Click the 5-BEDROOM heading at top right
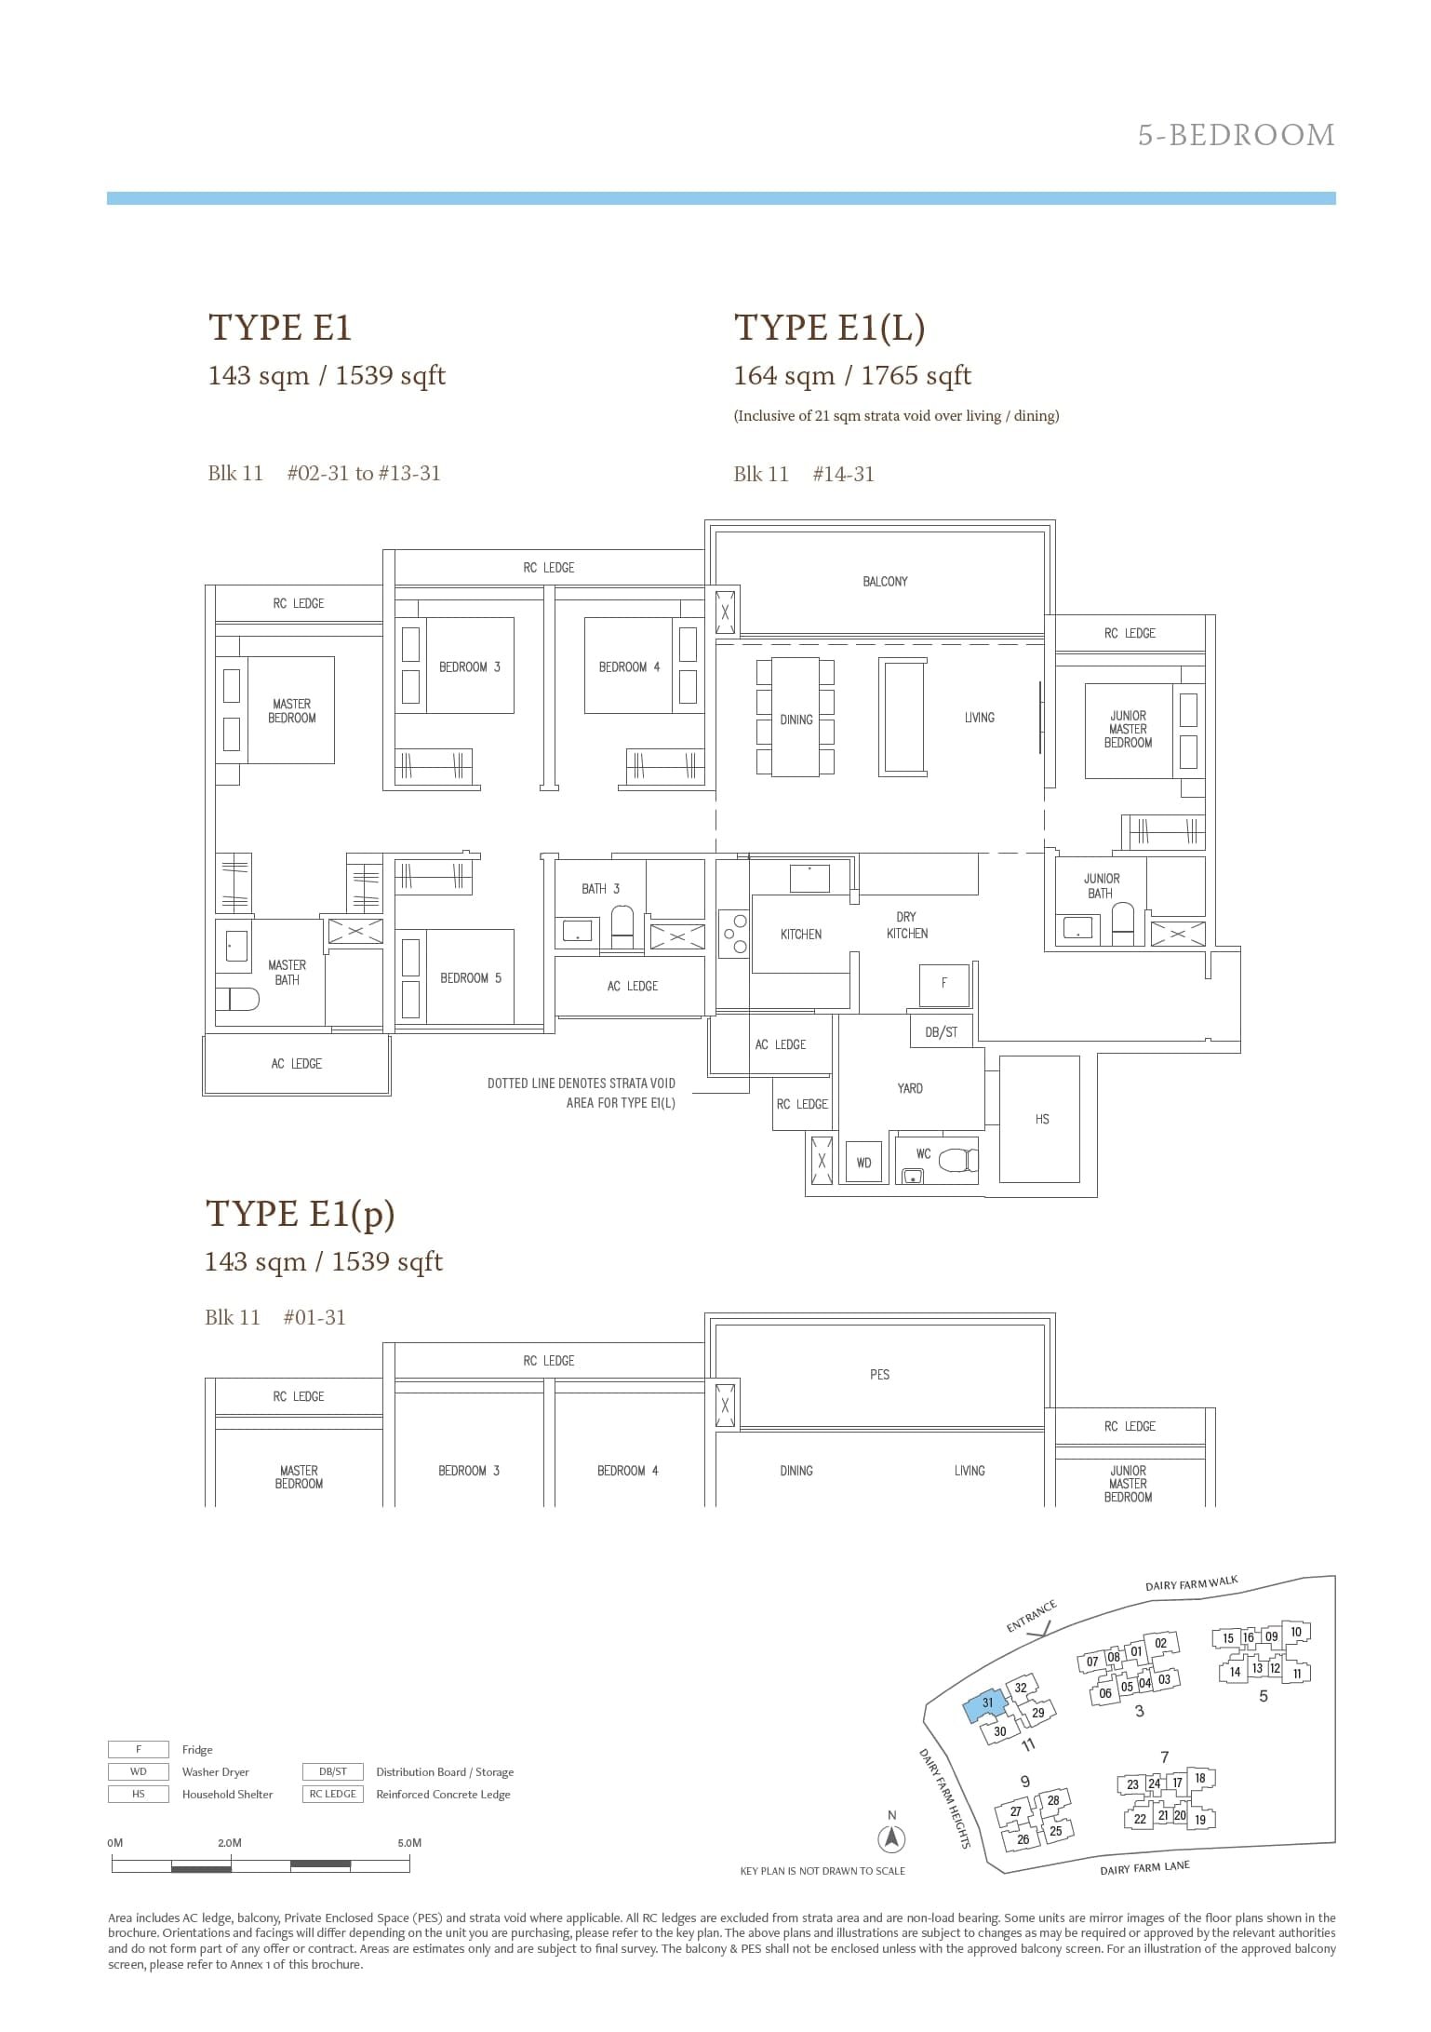(1236, 136)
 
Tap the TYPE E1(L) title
(829, 328)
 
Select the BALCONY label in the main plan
(884, 582)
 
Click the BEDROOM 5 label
(470, 978)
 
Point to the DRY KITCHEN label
(906, 925)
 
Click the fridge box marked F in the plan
(944, 983)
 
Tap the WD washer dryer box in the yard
(863, 1163)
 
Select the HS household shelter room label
(1041, 1120)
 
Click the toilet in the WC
(956, 1160)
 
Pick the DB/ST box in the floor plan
(941, 1031)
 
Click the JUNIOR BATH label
(1101, 886)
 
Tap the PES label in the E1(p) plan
(879, 1375)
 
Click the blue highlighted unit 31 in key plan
(986, 1704)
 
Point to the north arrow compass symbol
(892, 1838)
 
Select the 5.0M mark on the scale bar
(409, 1843)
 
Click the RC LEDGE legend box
(333, 1795)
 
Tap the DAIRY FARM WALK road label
(1191, 1584)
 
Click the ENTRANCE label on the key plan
(1031, 1616)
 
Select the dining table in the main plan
(796, 717)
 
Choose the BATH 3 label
(600, 889)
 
